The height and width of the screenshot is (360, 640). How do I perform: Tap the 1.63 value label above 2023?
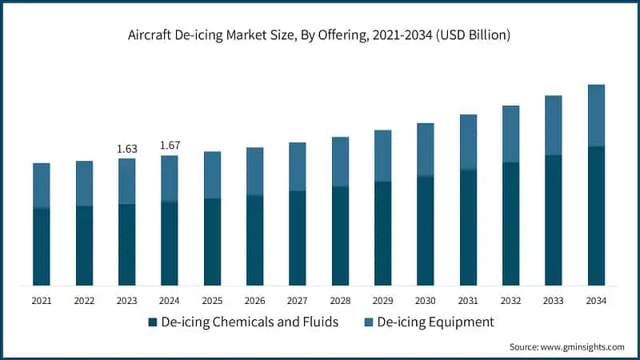[126, 148]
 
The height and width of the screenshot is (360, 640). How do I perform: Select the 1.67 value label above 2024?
[169, 145]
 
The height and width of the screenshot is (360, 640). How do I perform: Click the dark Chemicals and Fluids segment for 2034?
[595, 216]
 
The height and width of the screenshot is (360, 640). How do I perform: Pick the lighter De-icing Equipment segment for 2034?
[595, 115]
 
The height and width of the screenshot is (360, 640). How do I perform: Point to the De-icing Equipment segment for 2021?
[41, 186]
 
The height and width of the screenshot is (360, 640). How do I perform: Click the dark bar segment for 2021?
[41, 246]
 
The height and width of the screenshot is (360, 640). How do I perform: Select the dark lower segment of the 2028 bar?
[340, 236]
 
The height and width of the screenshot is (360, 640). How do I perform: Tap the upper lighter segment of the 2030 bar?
[425, 150]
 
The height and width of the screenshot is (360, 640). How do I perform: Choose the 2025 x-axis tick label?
[212, 301]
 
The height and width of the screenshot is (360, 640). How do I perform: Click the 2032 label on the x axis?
[510, 301]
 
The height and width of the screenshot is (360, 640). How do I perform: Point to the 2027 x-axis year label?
[297, 301]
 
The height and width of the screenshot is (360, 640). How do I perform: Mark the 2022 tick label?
[84, 301]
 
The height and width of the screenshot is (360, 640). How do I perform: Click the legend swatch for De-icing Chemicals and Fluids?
[152, 322]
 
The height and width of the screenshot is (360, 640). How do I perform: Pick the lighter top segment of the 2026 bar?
[254, 171]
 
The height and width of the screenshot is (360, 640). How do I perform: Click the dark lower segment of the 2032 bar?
[510, 224]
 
